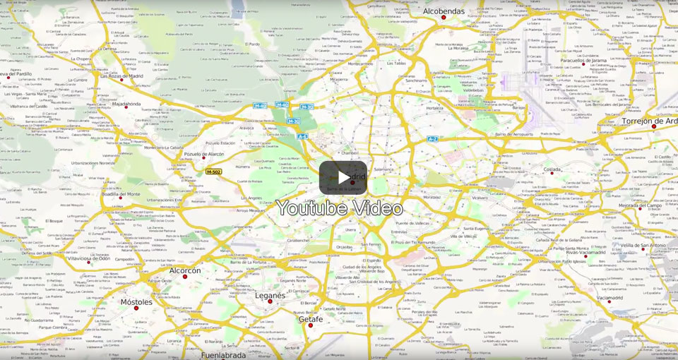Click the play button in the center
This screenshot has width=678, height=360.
343,177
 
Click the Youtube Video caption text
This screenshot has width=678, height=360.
339,208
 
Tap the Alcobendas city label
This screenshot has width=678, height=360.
444,11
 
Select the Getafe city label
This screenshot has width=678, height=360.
310,319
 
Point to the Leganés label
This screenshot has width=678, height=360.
270,295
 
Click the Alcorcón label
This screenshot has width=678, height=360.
185,270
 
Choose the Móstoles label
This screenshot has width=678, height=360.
136,302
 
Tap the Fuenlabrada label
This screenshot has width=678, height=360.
223,355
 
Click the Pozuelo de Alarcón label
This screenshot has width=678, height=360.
203,153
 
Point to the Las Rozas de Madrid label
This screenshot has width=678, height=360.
121,76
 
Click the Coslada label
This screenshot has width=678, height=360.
552,169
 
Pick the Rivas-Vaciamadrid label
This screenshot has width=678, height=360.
585,252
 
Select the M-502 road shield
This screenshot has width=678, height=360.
214,172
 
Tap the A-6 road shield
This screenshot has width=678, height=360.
302,136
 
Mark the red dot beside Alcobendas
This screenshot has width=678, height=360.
444,18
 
